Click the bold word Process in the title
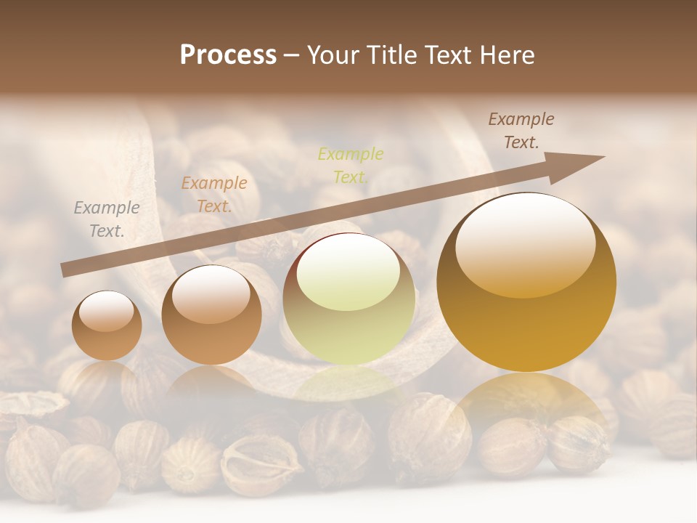[228, 55]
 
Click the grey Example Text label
[107, 219]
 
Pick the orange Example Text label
[213, 195]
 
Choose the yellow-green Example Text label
[351, 165]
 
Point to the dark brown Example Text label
[521, 131]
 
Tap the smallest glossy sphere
[107, 325]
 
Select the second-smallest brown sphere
[211, 315]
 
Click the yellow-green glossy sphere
[348, 299]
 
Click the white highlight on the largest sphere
[525, 243]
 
